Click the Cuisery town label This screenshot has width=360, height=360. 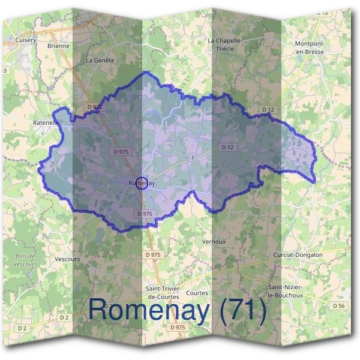pyautogui.click(x=26, y=40)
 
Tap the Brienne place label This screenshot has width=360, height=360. pyautogui.click(x=58, y=46)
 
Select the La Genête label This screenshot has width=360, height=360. pyautogui.click(x=100, y=61)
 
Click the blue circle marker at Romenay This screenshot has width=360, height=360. pyautogui.click(x=142, y=184)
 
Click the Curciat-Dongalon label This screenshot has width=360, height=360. pyautogui.click(x=298, y=255)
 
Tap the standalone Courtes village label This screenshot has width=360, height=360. pyautogui.click(x=197, y=293)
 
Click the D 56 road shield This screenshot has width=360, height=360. pyautogui.click(x=339, y=306)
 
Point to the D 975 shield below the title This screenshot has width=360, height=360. pyautogui.click(x=178, y=328)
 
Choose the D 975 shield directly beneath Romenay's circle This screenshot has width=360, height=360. pyautogui.click(x=146, y=214)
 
